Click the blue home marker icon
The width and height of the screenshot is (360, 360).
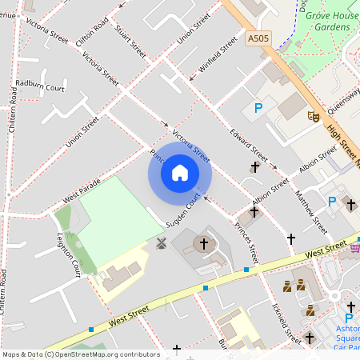[x=180, y=172]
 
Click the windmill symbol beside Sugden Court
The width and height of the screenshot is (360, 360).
[x=159, y=243]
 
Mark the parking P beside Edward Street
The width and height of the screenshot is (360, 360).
[x=258, y=108]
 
